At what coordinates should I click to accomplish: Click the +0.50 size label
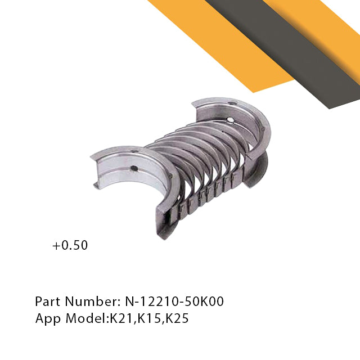(70, 245)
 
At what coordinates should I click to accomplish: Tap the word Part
(48, 301)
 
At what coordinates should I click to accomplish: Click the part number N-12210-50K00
(174, 301)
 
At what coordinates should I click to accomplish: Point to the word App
(48, 319)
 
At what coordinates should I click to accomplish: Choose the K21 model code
(121, 318)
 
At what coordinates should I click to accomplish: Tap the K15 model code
(148, 318)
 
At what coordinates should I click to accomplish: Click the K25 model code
(177, 318)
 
